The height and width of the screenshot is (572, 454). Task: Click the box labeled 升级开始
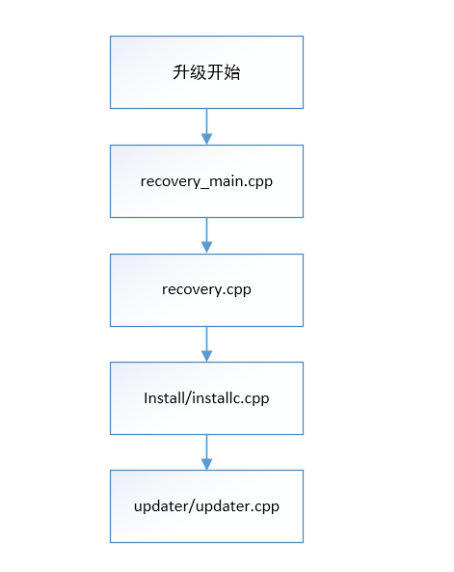coord(206,72)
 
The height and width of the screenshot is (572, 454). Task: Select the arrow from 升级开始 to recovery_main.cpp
coord(206,126)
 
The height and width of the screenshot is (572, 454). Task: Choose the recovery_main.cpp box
coord(206,180)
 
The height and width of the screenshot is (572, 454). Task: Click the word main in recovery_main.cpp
coord(225,181)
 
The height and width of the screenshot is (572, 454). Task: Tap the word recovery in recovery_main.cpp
coord(169,181)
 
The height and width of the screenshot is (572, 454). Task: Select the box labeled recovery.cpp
coord(206,289)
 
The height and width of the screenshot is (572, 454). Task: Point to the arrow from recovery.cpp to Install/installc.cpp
coord(206,343)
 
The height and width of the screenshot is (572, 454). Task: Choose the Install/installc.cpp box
coord(206,397)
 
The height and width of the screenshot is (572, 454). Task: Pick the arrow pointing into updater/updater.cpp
coord(206,451)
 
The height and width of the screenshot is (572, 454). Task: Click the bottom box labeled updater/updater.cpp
coord(206,505)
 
